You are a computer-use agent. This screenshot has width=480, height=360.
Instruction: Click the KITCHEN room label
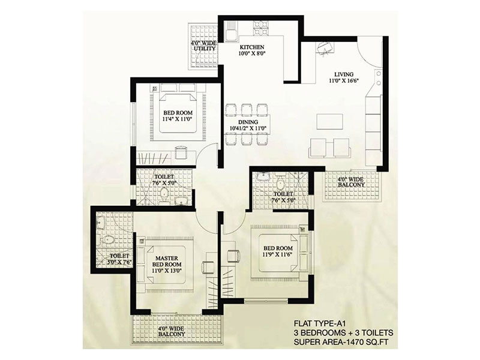click(x=251, y=47)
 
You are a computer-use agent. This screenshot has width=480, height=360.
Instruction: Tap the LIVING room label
click(x=344, y=74)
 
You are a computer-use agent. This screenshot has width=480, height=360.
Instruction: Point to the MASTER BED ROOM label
click(x=167, y=262)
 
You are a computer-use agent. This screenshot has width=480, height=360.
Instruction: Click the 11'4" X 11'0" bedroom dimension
click(x=177, y=119)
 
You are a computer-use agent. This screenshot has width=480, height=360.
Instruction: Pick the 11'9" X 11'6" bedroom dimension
click(x=278, y=254)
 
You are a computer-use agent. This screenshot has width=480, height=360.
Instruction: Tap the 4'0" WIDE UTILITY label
click(x=203, y=46)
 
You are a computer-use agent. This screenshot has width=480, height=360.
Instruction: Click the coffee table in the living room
click(x=329, y=122)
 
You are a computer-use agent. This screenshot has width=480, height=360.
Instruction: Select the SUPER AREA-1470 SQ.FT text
click(x=341, y=342)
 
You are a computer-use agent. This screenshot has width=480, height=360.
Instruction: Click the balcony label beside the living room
click(x=351, y=182)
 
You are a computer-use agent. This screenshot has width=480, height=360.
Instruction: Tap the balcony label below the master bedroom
click(x=172, y=332)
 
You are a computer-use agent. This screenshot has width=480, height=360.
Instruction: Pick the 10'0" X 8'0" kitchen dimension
click(x=251, y=53)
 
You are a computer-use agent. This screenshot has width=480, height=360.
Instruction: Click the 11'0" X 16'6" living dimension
click(x=344, y=80)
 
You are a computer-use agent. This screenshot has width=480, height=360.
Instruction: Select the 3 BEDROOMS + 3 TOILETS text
click(x=343, y=333)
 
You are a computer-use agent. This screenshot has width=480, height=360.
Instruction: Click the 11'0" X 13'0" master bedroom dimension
click(x=167, y=271)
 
